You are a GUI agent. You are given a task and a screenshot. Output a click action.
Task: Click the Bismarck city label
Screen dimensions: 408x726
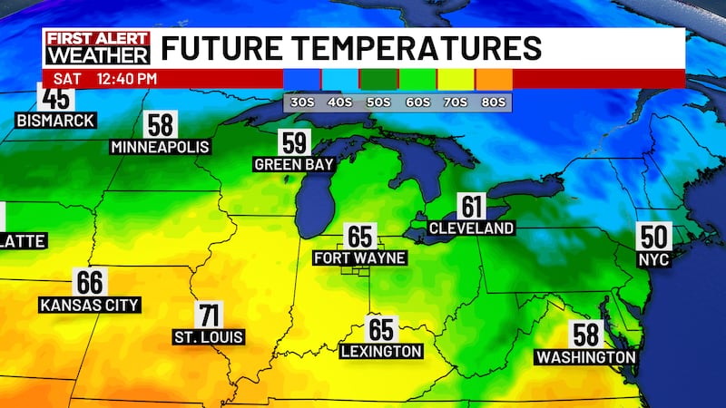(x=55, y=121)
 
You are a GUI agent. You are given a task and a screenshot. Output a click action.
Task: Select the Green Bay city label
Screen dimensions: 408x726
(x=294, y=164)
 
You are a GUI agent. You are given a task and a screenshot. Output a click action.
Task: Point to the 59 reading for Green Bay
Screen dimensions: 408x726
(x=294, y=143)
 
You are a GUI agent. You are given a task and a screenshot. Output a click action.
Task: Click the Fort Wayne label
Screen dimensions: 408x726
(x=359, y=257)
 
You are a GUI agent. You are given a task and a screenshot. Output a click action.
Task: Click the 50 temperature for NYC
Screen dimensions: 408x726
(x=653, y=236)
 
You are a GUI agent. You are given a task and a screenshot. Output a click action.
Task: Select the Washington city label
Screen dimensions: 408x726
(x=585, y=357)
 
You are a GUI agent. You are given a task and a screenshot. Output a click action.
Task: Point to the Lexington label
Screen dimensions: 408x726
(x=380, y=351)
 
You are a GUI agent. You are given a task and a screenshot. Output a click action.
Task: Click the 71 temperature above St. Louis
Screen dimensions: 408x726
(x=209, y=316)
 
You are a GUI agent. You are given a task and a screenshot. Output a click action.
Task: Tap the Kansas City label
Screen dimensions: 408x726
(x=90, y=306)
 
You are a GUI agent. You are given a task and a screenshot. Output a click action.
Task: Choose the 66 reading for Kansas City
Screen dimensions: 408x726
(x=90, y=283)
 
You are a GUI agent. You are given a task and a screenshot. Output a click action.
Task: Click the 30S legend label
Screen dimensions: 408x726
(x=302, y=102)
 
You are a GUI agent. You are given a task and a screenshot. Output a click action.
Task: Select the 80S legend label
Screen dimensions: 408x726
(x=493, y=102)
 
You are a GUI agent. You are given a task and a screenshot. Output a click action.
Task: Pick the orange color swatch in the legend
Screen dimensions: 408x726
(x=493, y=79)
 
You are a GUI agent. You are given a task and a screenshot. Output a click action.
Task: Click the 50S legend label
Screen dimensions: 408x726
(x=378, y=102)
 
